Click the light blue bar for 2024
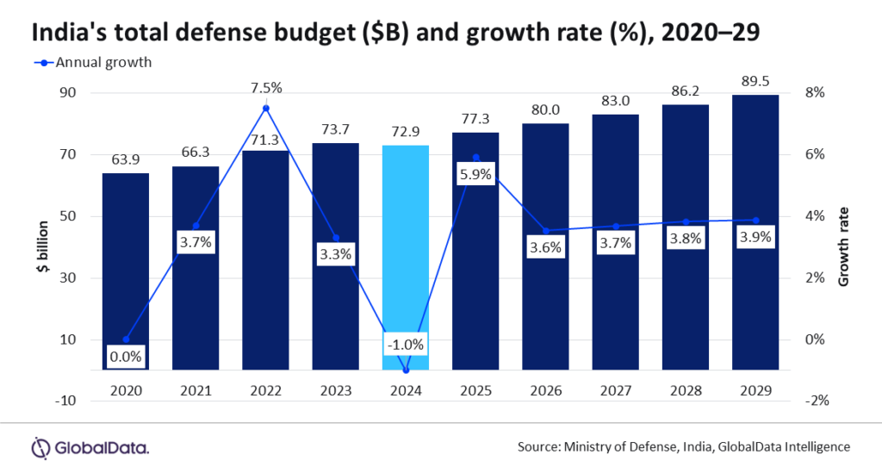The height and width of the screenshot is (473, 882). tap(405, 258)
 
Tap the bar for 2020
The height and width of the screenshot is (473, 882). tap(126, 271)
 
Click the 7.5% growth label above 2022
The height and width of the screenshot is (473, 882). tap(265, 87)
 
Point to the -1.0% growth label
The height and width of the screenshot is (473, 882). tap(405, 345)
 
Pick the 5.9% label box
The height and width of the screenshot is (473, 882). tap(475, 174)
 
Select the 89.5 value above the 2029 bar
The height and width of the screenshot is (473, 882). tap(755, 82)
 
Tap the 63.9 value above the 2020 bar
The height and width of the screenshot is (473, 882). tap(126, 160)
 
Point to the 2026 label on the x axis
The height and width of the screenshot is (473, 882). tap(545, 389)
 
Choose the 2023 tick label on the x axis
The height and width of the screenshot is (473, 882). tap(335, 389)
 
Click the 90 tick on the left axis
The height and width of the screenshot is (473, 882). tap(68, 93)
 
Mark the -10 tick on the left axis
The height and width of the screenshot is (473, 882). tap(65, 401)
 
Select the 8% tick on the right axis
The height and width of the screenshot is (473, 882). tap(815, 93)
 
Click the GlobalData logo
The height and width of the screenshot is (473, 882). tap(90, 447)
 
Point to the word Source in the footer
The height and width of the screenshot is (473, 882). tap(538, 446)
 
